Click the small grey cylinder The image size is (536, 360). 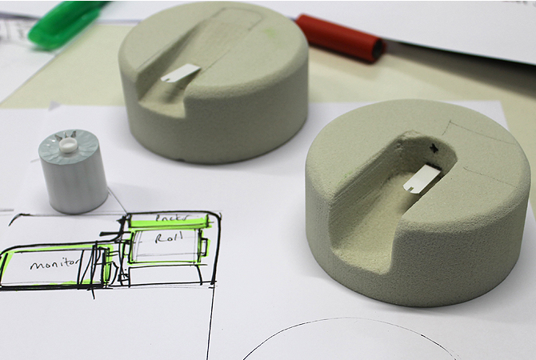click(74, 180)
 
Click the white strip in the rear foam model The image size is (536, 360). click(180, 74)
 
